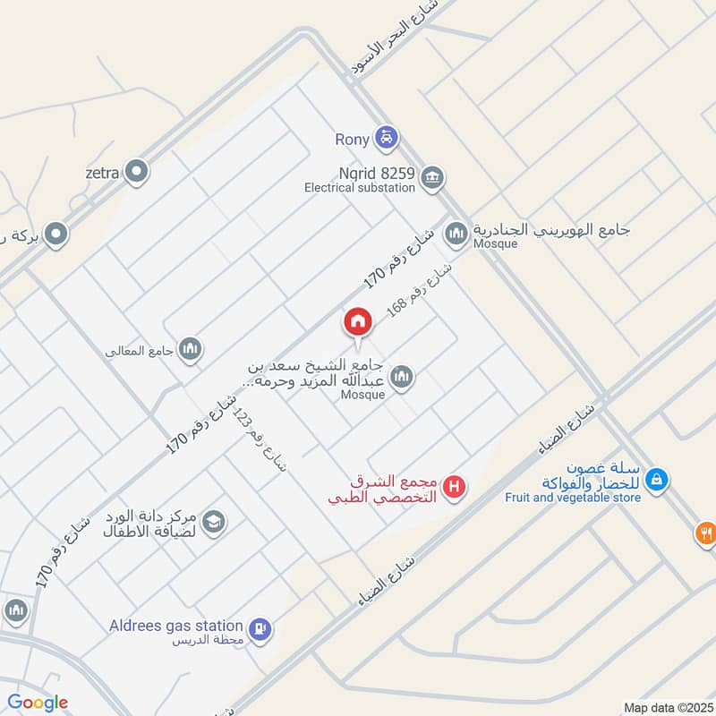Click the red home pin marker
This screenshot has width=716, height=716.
pyautogui.click(x=358, y=322)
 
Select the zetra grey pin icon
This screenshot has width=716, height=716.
pyautogui.click(x=136, y=170)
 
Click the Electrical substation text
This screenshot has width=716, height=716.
pyautogui.click(x=359, y=188)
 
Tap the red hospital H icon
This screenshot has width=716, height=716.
pyautogui.click(x=455, y=488)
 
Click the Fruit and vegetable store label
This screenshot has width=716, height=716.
pyautogui.click(x=573, y=497)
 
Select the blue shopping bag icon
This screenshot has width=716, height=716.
pyautogui.click(x=657, y=480)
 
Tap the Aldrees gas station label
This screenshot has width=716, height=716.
pyautogui.click(x=175, y=626)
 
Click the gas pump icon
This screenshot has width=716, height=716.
pyautogui.click(x=260, y=629)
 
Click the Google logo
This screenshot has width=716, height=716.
pyautogui.click(x=38, y=703)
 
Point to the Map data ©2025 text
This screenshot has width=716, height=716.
pyautogui.click(x=666, y=707)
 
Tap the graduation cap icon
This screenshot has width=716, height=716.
pyautogui.click(x=213, y=521)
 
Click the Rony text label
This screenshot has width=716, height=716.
pyautogui.click(x=352, y=140)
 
